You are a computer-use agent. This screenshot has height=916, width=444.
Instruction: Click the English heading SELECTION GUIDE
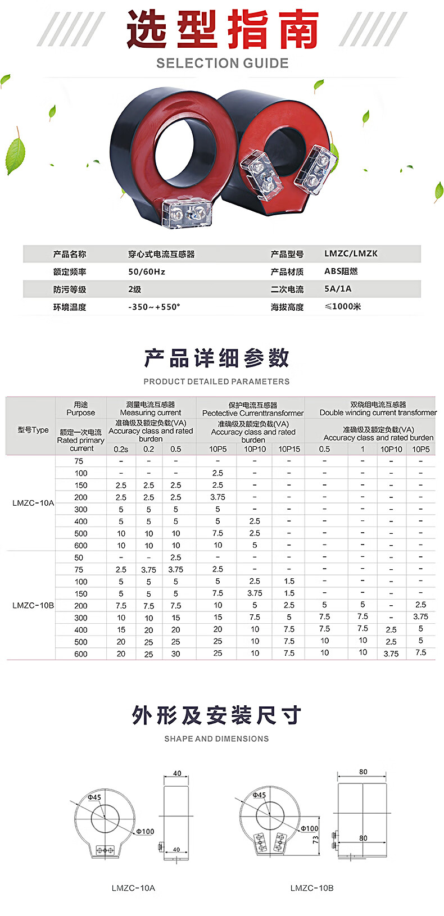click(x=222, y=63)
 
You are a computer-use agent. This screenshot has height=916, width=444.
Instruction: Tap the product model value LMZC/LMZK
click(x=351, y=253)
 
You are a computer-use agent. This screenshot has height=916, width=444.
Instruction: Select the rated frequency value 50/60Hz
click(x=147, y=271)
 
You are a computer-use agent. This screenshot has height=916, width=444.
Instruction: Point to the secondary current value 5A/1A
click(x=338, y=289)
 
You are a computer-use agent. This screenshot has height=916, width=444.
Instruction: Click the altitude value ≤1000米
click(x=343, y=306)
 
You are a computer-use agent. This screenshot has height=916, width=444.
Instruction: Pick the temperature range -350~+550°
click(x=154, y=307)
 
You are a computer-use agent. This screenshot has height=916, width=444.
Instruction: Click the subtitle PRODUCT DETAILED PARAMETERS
click(x=216, y=382)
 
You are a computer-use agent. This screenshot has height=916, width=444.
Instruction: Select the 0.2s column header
click(x=121, y=449)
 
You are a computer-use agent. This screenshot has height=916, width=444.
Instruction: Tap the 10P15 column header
click(x=289, y=449)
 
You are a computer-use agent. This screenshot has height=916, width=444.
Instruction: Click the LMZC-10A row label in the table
click(x=33, y=503)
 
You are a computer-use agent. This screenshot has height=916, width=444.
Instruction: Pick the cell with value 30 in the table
click(x=176, y=654)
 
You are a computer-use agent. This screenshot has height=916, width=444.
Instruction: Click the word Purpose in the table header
click(x=81, y=412)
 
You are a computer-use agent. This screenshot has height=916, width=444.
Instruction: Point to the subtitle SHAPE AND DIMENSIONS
click(x=216, y=739)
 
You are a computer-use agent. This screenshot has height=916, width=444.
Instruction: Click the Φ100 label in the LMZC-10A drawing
click(x=145, y=831)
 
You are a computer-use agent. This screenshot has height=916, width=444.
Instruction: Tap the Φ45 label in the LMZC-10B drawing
click(x=259, y=795)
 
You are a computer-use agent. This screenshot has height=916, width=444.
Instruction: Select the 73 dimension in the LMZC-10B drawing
click(x=315, y=839)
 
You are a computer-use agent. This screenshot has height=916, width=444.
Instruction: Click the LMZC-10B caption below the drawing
click(x=312, y=888)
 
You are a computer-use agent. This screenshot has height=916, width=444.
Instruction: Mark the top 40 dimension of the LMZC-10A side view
click(x=177, y=773)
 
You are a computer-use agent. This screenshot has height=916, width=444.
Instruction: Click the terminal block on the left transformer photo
click(x=187, y=214)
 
